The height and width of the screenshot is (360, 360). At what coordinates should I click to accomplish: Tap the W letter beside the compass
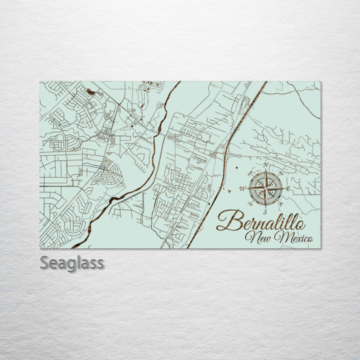coord(242,188)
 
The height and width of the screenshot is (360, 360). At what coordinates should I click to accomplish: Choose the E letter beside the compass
coord(288,188)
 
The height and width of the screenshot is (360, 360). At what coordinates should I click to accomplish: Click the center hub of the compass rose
coord(265,188)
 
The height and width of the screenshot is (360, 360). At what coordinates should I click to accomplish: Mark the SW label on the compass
coord(250,204)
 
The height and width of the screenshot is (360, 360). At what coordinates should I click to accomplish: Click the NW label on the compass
coord(249,173)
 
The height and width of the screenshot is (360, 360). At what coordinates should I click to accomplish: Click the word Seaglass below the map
coord(72,262)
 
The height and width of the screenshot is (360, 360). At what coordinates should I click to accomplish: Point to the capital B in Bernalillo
coord(226,220)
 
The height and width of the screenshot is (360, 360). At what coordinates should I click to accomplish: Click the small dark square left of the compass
coord(234,168)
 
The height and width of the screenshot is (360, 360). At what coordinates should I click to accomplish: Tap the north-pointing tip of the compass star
coord(266,172)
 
